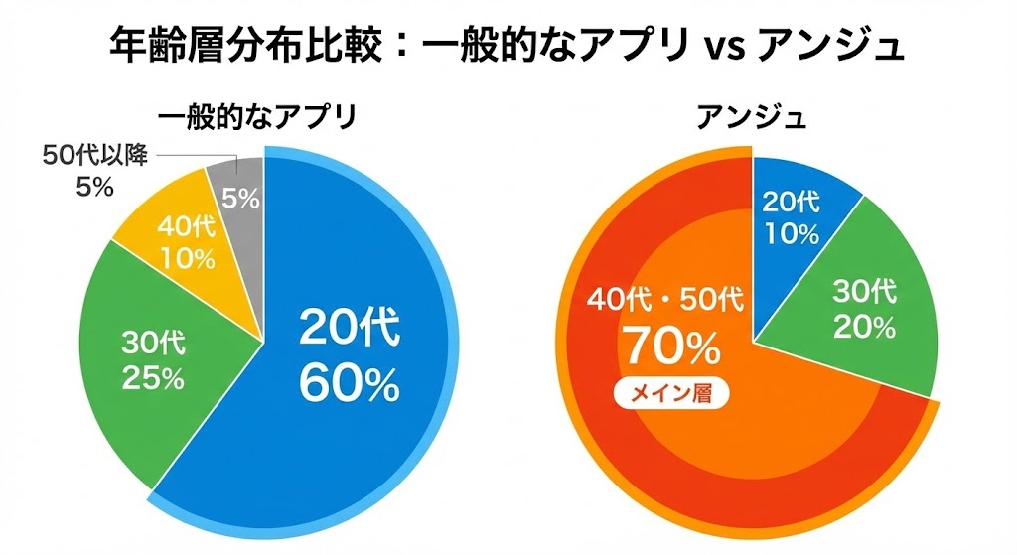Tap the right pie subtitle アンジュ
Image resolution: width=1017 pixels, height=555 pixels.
coord(751,118)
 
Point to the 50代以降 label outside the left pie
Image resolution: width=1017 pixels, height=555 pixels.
coord(95,156)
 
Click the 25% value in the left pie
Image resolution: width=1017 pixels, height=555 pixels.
coord(152,378)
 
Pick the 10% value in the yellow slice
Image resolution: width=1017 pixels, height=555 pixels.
coord(186,260)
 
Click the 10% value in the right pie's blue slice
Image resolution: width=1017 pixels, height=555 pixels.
coord(791,234)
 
